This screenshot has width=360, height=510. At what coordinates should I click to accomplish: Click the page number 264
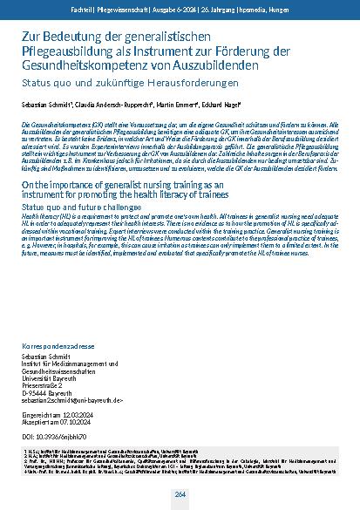[x=180, y=494]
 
